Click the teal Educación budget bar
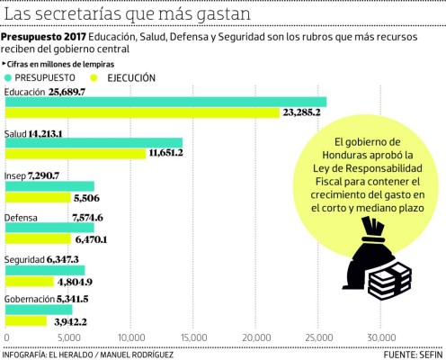[165, 102]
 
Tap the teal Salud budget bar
[94, 142]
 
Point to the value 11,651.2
[164, 154]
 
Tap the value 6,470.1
[92, 240]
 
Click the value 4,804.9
[74, 282]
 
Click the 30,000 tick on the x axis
[383, 339]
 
